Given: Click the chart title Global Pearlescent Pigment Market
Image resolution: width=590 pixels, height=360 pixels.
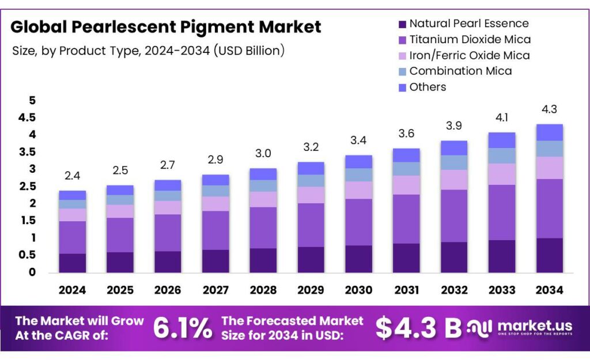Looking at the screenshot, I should tap(166, 26).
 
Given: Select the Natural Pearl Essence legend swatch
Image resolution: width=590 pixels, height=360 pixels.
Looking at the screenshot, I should tap(402, 24).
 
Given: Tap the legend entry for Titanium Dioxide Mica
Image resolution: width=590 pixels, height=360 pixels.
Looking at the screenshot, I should tap(470, 40).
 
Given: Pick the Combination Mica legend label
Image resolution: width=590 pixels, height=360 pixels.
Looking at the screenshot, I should tap(460, 71).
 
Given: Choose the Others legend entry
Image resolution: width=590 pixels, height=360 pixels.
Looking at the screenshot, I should tap(428, 87).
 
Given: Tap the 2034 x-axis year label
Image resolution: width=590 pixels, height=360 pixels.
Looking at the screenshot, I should tap(549, 290).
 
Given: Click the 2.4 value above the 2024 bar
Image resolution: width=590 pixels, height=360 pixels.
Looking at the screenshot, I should tap(73, 175).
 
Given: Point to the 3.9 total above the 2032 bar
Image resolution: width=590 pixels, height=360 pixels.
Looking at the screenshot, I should tap(453, 126).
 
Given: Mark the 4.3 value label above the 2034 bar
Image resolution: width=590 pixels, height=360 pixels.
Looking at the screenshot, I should tap(549, 109).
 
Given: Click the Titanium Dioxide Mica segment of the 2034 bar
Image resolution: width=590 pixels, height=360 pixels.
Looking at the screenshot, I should tap(549, 208).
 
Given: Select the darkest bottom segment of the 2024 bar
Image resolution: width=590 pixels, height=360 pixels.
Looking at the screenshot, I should tap(73, 263).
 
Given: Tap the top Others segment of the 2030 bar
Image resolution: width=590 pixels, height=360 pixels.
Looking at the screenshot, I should tap(358, 161).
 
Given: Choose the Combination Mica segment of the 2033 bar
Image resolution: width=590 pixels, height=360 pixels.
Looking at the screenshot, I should tap(501, 156).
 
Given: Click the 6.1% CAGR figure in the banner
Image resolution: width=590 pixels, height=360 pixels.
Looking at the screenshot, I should tap(182, 328).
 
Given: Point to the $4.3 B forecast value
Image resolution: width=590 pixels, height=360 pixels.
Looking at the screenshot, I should tap(418, 328).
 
